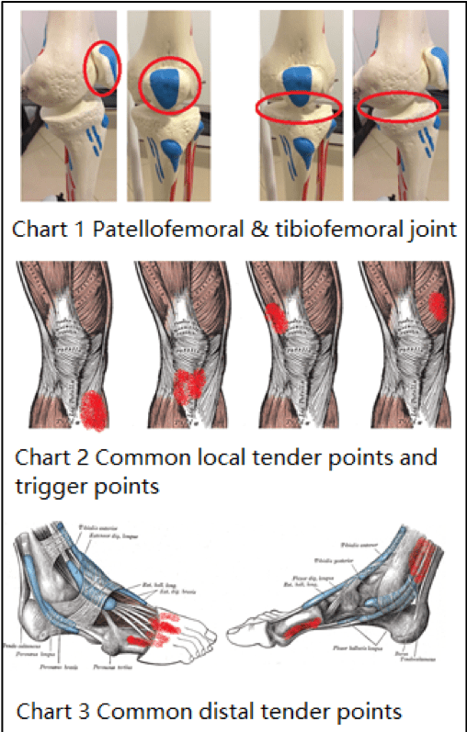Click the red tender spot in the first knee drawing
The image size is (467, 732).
[x=92, y=409]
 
